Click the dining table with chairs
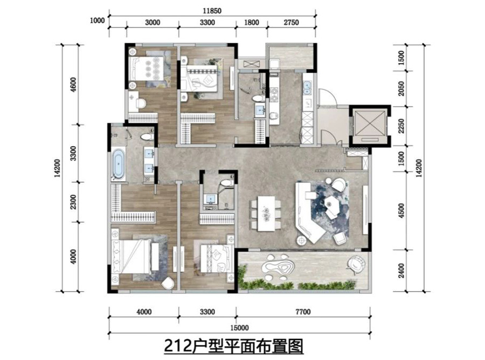(266, 213)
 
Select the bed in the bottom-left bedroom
(132, 257)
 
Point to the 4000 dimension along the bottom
(144, 311)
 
